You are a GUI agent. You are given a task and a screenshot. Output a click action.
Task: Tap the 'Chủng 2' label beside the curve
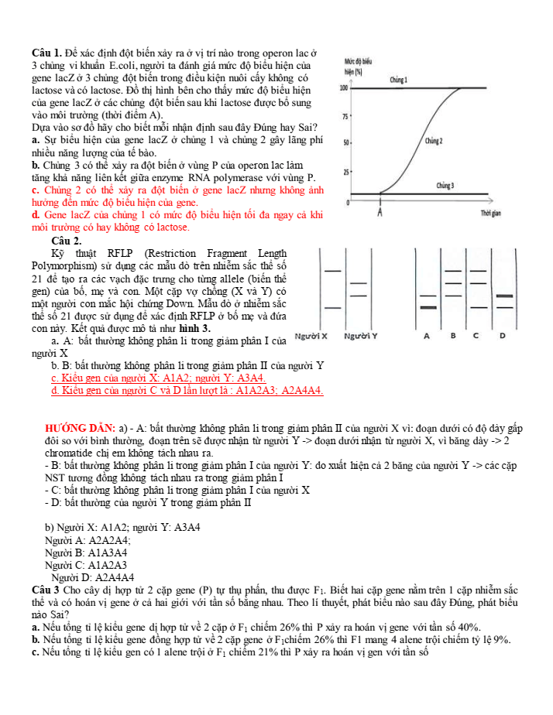point(434,142)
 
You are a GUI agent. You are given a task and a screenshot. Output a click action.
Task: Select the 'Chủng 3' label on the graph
point(445,186)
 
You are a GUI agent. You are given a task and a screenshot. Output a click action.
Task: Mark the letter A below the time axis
point(381,212)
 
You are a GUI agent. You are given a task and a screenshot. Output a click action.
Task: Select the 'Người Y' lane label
point(360,337)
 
